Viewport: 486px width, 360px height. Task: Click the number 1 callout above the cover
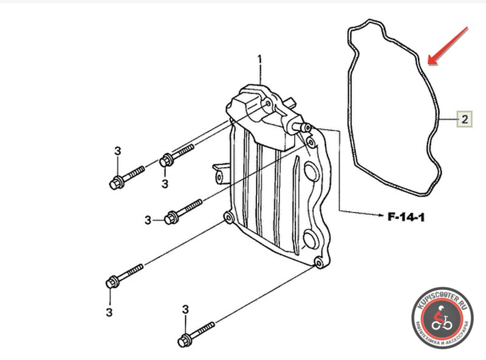pyautogui.click(x=259, y=61)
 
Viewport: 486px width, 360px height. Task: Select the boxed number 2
pyautogui.click(x=465, y=119)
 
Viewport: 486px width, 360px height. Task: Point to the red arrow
pyautogui.click(x=448, y=46)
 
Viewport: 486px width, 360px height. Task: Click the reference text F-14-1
pyautogui.click(x=406, y=217)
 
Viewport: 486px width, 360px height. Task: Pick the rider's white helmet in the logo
pyautogui.click(x=441, y=308)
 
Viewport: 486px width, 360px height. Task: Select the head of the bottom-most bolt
pyautogui.click(x=183, y=341)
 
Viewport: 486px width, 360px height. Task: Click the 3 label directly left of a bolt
pyautogui.click(x=148, y=220)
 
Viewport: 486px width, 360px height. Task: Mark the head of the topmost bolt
pyautogui.click(x=165, y=160)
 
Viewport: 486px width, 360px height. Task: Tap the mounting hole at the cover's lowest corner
pyautogui.click(x=318, y=263)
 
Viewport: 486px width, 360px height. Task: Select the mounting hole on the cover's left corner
pyautogui.click(x=229, y=219)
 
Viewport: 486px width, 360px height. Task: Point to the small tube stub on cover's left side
pyautogui.click(x=221, y=175)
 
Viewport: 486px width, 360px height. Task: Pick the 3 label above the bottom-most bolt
pyautogui.click(x=185, y=310)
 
